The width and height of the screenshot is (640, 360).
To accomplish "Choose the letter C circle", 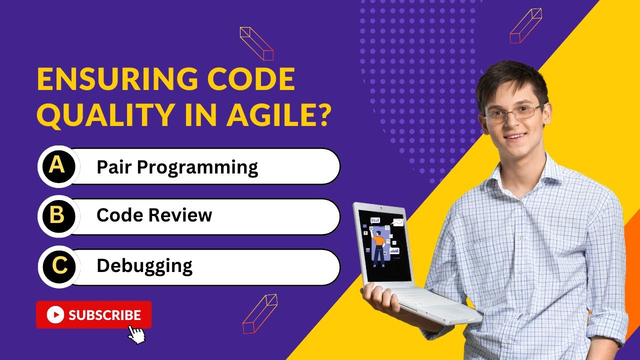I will tap(58, 266).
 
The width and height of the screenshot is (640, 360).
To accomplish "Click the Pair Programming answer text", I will tap(177, 167).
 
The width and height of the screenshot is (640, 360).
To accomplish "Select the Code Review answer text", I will tap(154, 215).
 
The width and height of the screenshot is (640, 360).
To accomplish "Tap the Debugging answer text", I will tap(144, 266).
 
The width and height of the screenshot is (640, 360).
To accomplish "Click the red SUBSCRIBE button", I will tap(93, 314).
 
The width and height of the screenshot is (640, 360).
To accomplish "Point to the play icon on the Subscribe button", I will tap(55, 314).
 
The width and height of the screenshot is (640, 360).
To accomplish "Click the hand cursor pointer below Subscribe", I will tap(136, 334).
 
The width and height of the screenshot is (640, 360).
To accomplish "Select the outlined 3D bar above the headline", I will tap(256, 43).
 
